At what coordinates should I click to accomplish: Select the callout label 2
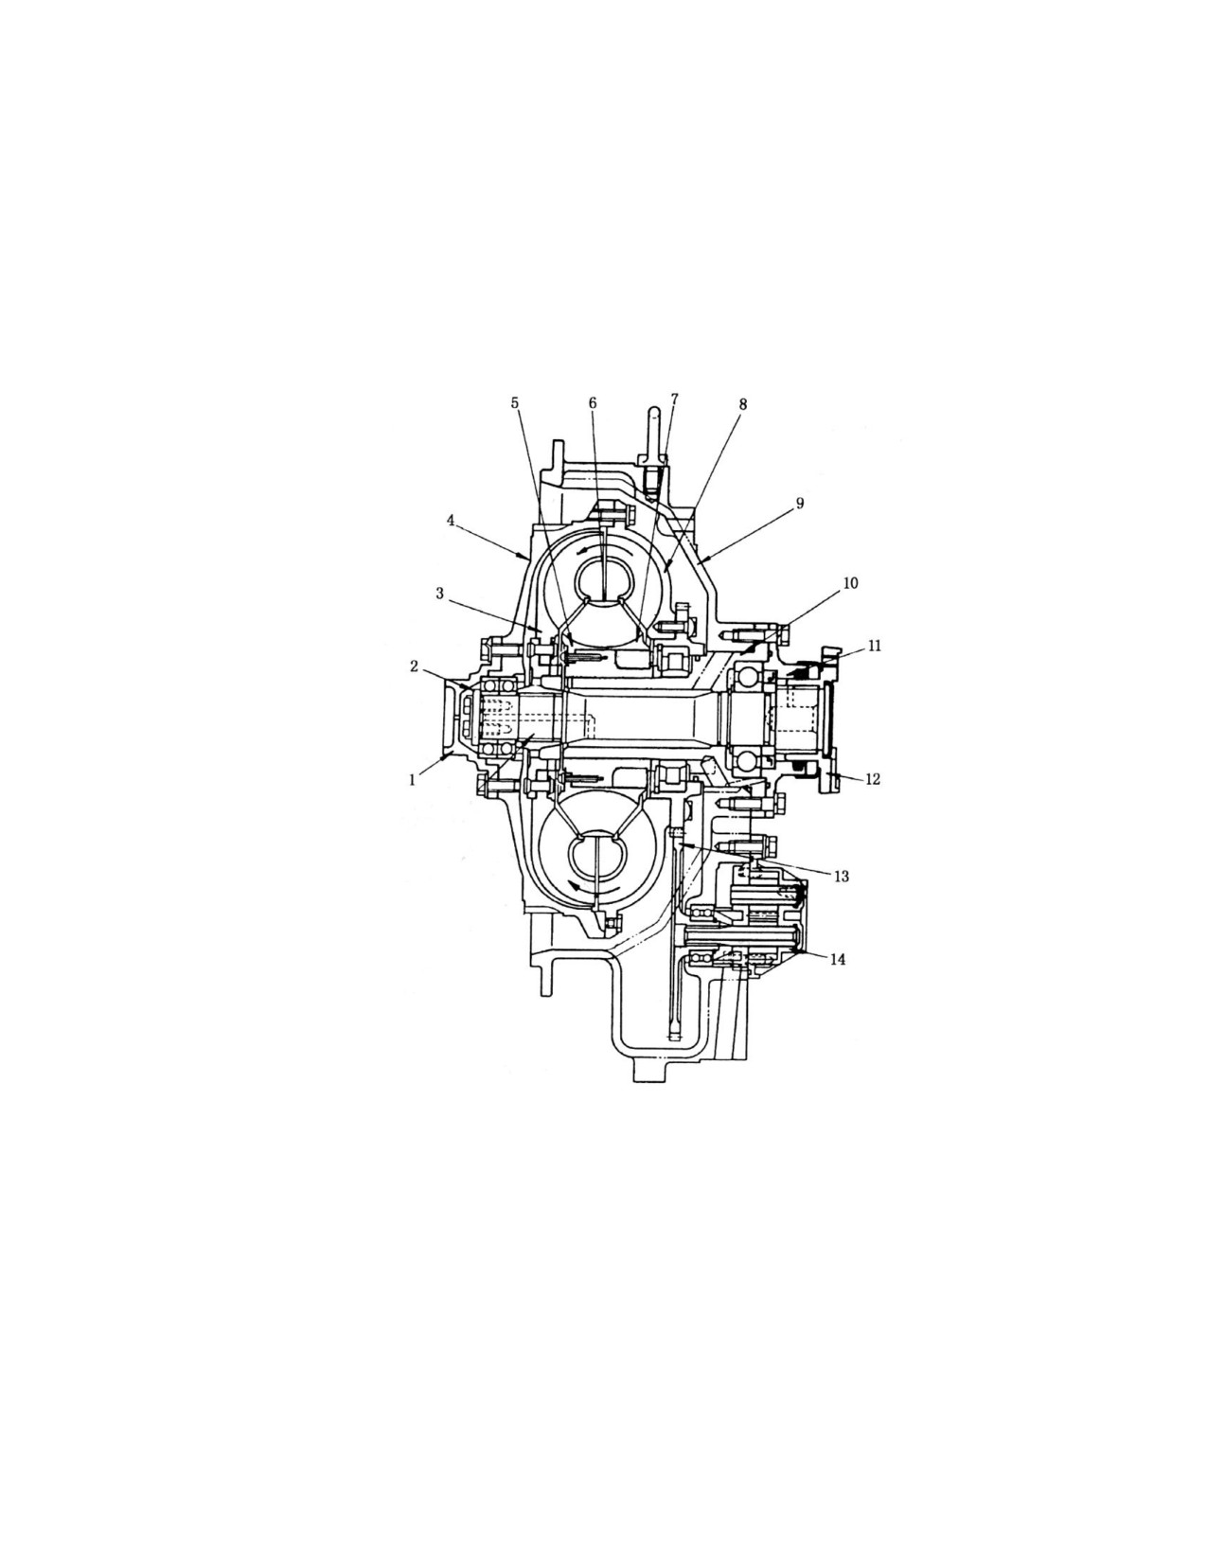414,666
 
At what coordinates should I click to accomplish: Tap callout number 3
440,593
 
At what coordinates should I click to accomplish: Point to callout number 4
450,521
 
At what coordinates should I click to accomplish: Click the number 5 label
515,402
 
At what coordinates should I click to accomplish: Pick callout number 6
593,402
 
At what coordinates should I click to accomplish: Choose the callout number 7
674,399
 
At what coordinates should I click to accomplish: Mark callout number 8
742,404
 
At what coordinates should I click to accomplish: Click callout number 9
799,504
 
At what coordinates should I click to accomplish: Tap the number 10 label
850,582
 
